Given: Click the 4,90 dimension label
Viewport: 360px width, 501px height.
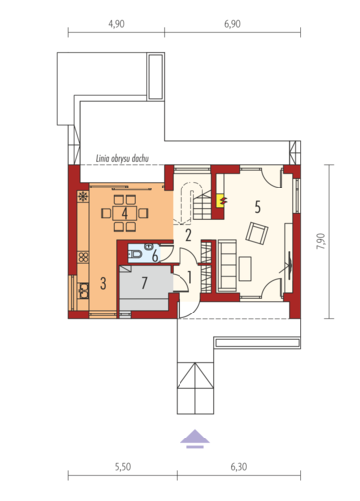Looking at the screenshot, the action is [116, 24].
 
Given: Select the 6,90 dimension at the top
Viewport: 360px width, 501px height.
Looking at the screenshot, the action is [232, 24].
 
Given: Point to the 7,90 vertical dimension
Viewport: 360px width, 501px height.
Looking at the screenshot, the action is [321, 241].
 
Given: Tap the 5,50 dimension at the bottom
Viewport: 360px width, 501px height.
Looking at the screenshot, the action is [123, 467].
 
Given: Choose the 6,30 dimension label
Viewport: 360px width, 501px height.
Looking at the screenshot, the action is [239, 467].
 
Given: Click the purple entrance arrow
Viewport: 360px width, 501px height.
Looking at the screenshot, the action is [195, 438].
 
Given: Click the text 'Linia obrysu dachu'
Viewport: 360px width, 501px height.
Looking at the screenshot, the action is [122, 158].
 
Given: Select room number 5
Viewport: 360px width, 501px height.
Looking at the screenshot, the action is [258, 207].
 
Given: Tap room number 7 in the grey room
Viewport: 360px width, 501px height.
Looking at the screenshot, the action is [144, 283].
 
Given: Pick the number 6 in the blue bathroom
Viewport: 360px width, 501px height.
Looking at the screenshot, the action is [155, 256].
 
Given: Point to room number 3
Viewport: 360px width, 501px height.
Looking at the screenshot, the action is [103, 284].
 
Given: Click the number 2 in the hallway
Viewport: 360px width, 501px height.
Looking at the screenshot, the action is [188, 236].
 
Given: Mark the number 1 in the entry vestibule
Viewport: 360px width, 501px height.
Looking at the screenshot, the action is [190, 278].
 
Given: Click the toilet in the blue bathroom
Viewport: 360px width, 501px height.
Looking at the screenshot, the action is [135, 254].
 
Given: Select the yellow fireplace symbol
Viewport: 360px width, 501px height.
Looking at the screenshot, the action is [220, 200].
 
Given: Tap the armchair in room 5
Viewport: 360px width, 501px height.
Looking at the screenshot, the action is [257, 233].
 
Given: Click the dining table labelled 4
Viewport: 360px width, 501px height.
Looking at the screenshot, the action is [124, 213].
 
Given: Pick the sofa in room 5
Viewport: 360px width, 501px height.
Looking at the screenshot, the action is [226, 266].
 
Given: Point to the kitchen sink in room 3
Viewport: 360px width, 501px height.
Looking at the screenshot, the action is [83, 291].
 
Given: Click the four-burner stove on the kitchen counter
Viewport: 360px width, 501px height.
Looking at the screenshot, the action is [83, 257].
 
